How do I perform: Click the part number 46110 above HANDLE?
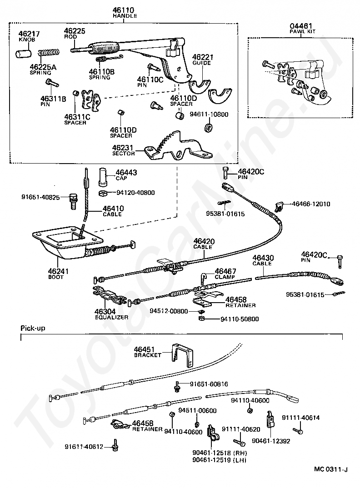point(123,10)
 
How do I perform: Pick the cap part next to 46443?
point(103,177)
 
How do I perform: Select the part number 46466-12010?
point(311,204)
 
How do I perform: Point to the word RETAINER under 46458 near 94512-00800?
point(240,305)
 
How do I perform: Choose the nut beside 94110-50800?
point(202,319)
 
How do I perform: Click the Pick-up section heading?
point(33,328)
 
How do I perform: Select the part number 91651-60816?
point(209,384)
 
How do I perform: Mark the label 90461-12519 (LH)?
point(219,460)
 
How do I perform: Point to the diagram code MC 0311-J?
point(331,478)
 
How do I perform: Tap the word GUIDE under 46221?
point(201,63)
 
